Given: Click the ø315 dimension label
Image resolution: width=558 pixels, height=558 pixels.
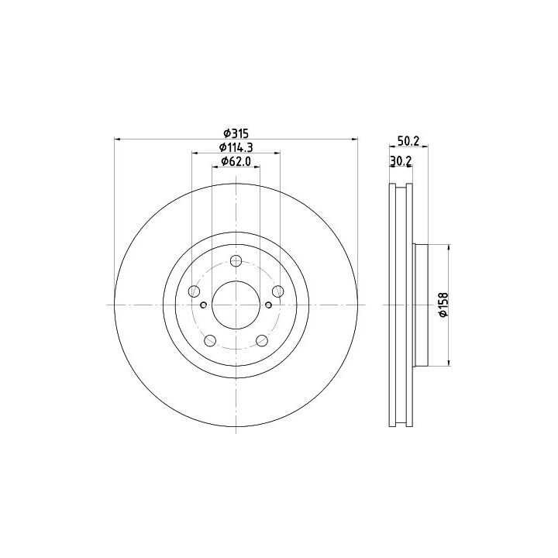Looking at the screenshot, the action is [x=236, y=133].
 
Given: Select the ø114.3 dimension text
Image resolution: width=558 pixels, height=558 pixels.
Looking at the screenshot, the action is [x=236, y=147].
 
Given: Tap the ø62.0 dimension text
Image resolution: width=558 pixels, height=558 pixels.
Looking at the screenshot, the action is [x=236, y=161].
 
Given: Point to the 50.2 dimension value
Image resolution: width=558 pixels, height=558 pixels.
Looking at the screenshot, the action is [x=408, y=141].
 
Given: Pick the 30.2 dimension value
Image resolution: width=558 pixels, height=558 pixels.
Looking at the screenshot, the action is [x=401, y=161].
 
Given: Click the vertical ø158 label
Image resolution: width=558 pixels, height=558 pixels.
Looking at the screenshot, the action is [x=443, y=305].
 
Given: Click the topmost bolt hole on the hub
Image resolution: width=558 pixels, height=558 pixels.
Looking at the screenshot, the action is [x=236, y=260].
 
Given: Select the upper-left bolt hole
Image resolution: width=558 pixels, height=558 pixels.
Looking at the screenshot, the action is [x=194, y=291].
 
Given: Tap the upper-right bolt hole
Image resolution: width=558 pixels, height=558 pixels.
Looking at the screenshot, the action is [x=278, y=291].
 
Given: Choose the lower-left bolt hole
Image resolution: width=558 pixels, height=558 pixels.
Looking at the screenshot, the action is [x=210, y=340].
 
